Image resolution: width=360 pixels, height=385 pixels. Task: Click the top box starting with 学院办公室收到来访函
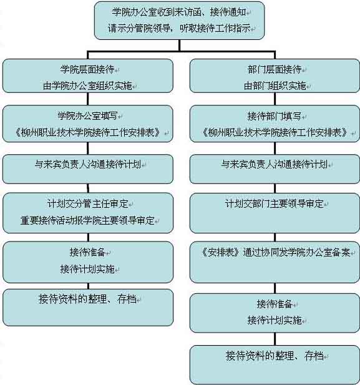point(179,21)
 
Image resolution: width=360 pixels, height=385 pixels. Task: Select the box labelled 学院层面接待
point(88,76)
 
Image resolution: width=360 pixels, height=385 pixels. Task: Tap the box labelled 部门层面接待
point(275,76)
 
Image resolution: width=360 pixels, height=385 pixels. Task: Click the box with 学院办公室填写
point(88,124)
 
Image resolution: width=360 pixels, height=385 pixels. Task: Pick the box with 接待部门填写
point(275,124)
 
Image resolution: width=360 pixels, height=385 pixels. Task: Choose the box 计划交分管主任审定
point(88,213)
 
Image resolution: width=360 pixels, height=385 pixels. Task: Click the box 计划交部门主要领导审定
point(275,213)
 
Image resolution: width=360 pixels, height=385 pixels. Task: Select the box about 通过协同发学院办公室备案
point(275,262)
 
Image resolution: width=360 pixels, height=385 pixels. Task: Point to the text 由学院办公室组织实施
point(87,85)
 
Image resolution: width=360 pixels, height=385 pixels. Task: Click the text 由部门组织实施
point(275,85)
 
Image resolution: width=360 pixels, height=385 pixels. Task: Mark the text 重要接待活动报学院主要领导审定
point(87,220)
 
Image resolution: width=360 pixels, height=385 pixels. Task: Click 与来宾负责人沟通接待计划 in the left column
point(88,164)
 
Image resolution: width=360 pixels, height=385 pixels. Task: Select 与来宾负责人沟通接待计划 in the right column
point(275,164)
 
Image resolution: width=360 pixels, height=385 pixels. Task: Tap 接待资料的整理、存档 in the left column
point(87,299)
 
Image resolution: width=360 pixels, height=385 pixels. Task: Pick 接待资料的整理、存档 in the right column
point(275,356)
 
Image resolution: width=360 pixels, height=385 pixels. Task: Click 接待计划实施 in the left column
point(87,269)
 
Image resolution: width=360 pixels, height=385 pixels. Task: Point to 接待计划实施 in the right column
point(275,320)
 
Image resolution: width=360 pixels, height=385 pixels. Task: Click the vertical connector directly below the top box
point(180,45)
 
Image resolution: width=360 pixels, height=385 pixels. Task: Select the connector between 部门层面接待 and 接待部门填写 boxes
point(275,99)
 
